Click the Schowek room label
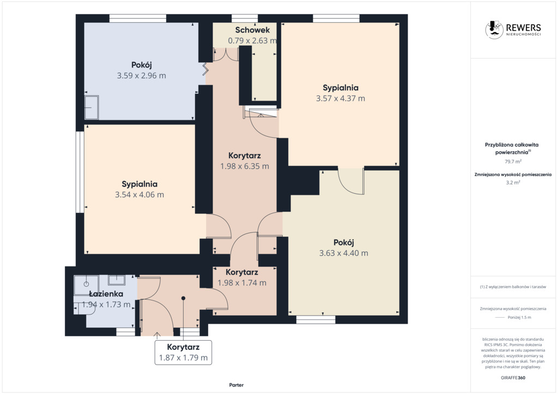point(252,30)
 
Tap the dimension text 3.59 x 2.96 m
point(141,76)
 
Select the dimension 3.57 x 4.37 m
point(341,98)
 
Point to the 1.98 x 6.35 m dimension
point(245,167)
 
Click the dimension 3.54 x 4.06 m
point(139,195)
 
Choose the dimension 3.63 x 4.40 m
point(344,253)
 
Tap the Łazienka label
point(106,294)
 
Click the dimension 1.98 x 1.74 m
point(242,283)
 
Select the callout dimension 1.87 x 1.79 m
point(183,358)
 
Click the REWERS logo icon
point(494,29)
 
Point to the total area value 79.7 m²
point(513,161)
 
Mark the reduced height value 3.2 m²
point(513,183)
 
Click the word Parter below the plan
point(236,385)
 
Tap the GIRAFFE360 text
point(513,378)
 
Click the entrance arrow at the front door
point(157,334)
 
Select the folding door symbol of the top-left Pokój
point(205,69)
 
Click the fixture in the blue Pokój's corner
point(92,107)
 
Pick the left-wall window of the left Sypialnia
point(80,173)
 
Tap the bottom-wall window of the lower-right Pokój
point(316,320)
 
